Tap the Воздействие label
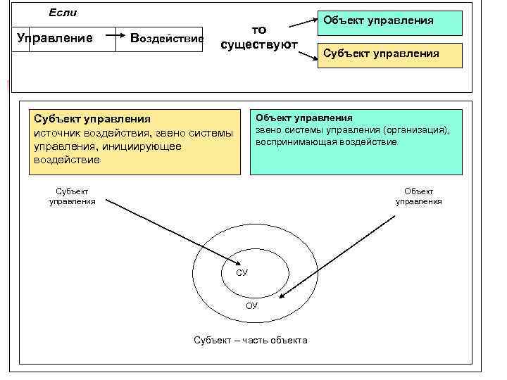(167, 38)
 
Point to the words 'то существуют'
(258, 37)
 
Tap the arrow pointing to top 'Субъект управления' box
(308, 56)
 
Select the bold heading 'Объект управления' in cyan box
(304, 118)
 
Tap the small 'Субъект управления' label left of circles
(72, 196)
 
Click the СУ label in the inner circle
(242, 272)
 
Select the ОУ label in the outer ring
(252, 305)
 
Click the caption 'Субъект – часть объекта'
(250, 341)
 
